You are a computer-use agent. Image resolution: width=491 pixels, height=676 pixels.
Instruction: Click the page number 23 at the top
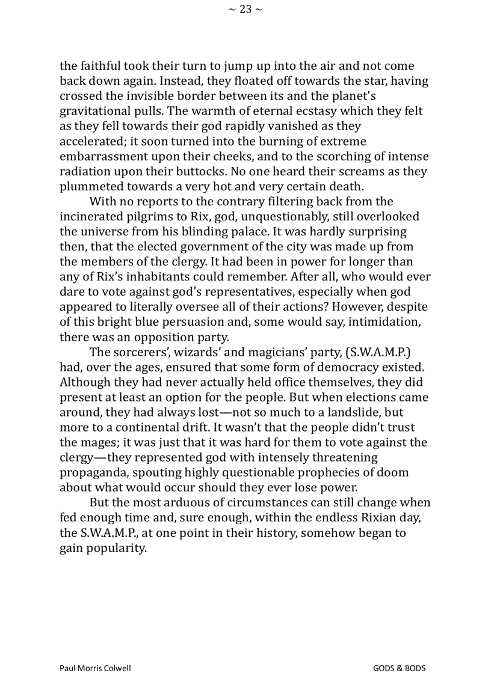point(245,9)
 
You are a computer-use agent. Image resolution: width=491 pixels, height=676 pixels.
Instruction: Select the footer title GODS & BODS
point(399,668)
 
